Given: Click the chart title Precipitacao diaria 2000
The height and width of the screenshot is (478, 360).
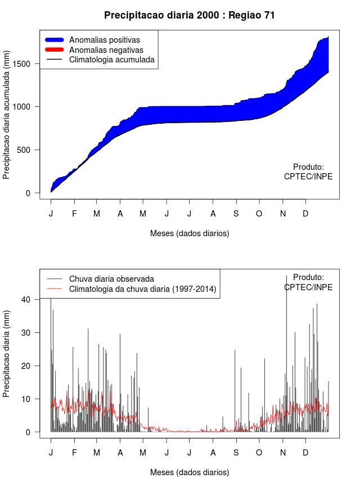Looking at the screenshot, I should pyautogui.click(x=190, y=15).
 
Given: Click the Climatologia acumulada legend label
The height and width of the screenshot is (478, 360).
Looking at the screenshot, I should pyautogui.click(x=111, y=59).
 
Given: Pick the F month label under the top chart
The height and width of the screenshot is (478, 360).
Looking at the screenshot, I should pyautogui.click(x=74, y=214).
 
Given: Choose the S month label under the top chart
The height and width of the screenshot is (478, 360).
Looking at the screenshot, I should pyautogui.click(x=236, y=214).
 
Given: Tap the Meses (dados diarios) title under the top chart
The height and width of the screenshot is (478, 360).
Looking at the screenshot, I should pyautogui.click(x=190, y=233).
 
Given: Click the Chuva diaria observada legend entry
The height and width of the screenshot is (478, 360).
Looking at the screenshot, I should pyautogui.click(x=111, y=278).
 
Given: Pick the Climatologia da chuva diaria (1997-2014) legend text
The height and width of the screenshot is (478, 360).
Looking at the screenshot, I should pyautogui.click(x=142, y=289).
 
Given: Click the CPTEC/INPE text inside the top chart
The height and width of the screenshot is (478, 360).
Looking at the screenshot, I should pyautogui.click(x=308, y=176).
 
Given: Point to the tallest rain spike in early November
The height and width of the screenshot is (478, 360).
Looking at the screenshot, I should pyautogui.click(x=286, y=277).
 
